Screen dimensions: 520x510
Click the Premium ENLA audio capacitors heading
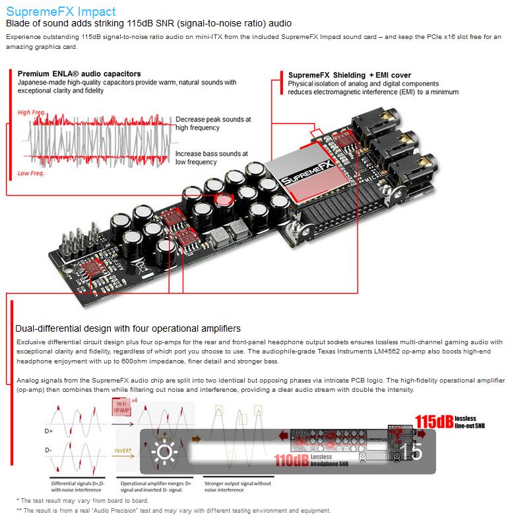tap(79, 73)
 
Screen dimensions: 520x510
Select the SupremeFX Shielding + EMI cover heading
tap(349, 75)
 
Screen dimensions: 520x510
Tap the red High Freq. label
tap(32, 112)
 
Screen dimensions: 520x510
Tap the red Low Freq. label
tap(30, 173)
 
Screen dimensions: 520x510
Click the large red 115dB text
tap(433, 420)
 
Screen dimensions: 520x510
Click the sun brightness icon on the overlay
tap(164, 452)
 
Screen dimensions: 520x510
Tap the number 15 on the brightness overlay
tap(411, 452)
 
